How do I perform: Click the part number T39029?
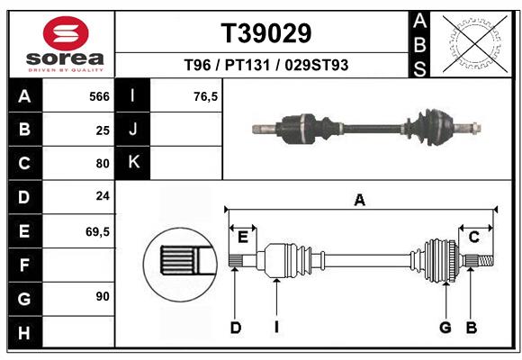tap(266, 33)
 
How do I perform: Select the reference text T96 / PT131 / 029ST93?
tap(266, 66)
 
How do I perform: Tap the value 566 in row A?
tap(99, 96)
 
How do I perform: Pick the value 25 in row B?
tap(103, 130)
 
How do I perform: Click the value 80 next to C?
tap(103, 164)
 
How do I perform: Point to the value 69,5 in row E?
tap(97, 231)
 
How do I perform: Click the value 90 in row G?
tap(103, 297)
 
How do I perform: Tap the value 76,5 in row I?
tap(206, 96)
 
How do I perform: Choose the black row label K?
tap(134, 162)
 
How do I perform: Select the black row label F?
tap(24, 265)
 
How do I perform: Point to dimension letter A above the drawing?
tap(360, 201)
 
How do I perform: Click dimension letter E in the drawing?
tap(243, 237)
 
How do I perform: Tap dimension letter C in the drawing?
tap(473, 237)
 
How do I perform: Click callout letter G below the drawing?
tap(445, 328)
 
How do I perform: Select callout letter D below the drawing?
tap(236, 328)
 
